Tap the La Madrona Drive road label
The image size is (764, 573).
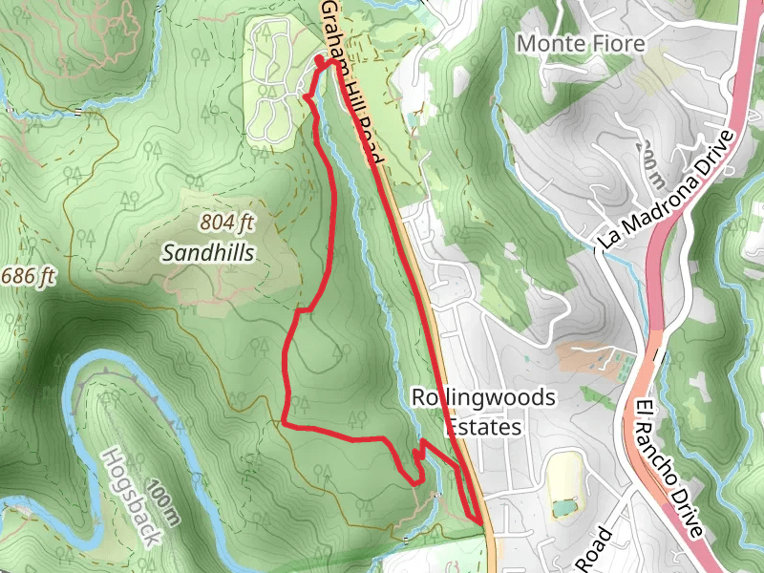668,190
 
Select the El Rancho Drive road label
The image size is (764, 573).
668,469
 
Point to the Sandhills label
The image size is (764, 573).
208,253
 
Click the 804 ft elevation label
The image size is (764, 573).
228,223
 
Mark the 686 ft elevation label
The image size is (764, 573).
28,277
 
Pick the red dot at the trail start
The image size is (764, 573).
319,60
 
